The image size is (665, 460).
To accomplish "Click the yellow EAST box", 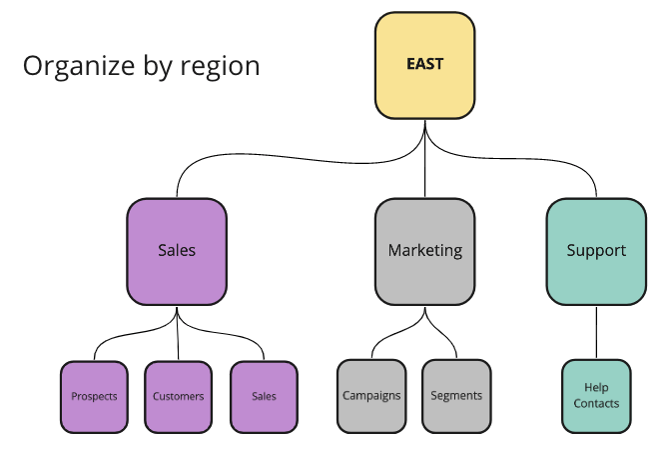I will [x=424, y=64].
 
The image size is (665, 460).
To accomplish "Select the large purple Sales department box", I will [x=177, y=250].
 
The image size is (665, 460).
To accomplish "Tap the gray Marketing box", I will [x=424, y=250].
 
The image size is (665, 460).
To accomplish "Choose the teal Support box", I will [x=596, y=250].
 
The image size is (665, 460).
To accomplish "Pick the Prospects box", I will [x=94, y=396].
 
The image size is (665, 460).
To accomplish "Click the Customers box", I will [x=179, y=396].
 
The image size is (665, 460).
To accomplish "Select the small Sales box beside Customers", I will [x=264, y=396].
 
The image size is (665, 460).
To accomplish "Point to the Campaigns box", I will [x=371, y=396].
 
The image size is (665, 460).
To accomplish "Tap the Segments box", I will [x=456, y=396].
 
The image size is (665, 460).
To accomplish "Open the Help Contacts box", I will [x=596, y=396].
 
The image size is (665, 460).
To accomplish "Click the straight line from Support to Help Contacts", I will [x=596, y=332].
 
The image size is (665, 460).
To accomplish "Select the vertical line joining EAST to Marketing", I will [x=425, y=165].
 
